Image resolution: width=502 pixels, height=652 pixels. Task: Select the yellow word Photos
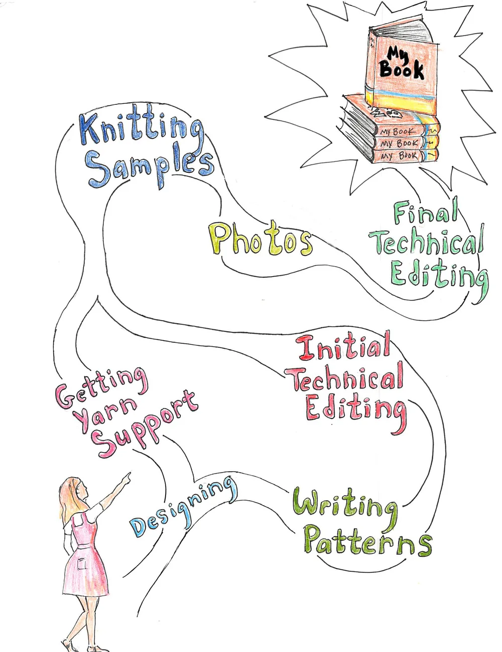(260, 240)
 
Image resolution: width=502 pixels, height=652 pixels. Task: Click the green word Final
(426, 212)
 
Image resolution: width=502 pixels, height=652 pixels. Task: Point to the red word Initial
(344, 348)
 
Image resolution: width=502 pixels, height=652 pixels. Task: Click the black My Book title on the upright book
(401, 63)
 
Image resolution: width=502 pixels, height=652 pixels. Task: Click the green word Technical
(427, 243)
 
